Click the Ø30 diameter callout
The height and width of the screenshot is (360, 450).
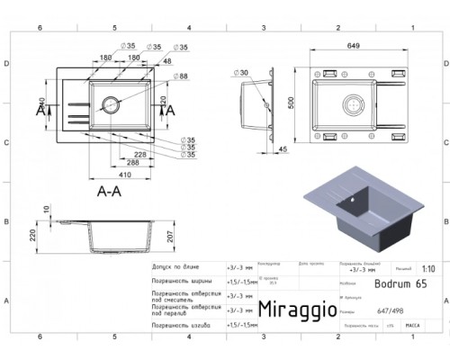242,71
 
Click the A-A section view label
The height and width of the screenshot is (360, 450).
109,190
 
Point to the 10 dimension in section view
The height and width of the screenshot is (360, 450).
47,210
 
